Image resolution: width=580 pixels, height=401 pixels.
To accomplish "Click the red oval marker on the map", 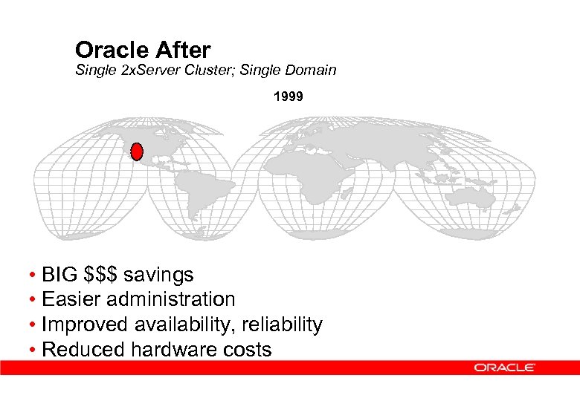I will pyautogui.click(x=136, y=152).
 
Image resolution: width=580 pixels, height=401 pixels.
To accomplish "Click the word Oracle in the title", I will pyautogui.click(x=112, y=50).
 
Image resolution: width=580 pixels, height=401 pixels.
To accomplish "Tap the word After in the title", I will pyautogui.click(x=183, y=50).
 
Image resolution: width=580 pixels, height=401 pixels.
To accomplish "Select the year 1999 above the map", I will pyautogui.click(x=288, y=97).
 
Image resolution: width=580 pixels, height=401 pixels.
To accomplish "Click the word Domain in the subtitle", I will pyautogui.click(x=312, y=71).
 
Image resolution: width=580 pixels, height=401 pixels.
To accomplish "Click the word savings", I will pyautogui.click(x=159, y=276).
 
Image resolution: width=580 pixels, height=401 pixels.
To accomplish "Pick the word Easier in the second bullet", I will pyautogui.click(x=72, y=300).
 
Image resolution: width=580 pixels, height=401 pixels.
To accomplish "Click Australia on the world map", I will pyautogui.click(x=473, y=196).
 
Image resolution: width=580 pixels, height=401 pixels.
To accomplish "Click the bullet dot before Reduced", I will pyautogui.click(x=34, y=351).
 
